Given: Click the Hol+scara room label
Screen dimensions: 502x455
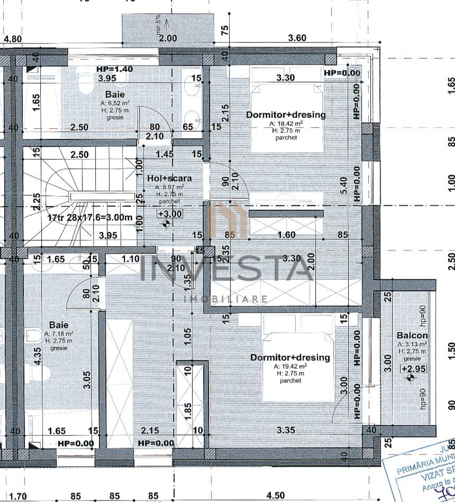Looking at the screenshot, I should [170, 178].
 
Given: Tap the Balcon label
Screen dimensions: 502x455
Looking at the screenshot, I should [412, 335].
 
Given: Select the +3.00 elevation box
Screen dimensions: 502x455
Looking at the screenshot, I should [170, 214].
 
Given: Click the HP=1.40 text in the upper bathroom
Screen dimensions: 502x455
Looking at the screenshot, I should [115, 69].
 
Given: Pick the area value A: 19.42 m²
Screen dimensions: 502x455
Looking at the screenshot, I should [290, 366].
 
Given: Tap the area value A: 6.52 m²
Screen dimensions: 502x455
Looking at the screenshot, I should [115, 103].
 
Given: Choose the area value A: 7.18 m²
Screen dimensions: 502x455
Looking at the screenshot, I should [59, 334].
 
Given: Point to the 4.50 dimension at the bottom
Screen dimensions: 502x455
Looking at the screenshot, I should [275, 496].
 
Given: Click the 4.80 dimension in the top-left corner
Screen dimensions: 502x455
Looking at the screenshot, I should [13, 39].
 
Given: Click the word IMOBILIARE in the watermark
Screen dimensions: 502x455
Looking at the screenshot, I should [225, 299].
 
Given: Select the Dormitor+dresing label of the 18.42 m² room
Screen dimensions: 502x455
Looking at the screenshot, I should [286, 114].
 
